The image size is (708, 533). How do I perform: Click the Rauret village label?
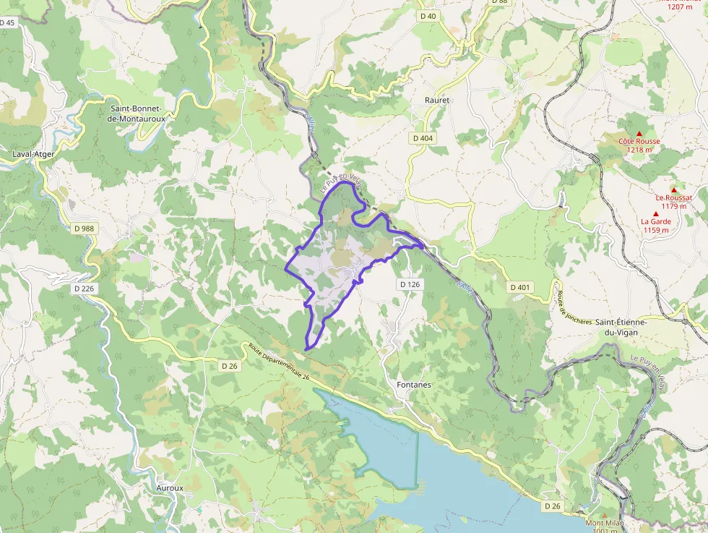coord(437,100)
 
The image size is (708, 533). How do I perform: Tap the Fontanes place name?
coord(414,385)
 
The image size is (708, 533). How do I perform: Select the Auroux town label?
coord(170,488)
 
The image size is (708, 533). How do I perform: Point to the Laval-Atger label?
coord(33,154)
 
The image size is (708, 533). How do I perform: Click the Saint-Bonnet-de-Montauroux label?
coord(136,111)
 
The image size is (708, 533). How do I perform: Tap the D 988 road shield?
coord(84,229)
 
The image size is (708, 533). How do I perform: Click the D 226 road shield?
coord(84,289)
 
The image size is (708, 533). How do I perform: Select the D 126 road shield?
coord(409,284)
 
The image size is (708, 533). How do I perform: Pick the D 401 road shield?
coord(519,287)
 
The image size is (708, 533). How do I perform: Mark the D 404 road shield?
coord(423,137)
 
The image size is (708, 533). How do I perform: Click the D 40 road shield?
coord(428,16)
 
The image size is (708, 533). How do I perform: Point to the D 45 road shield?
coord(7,22)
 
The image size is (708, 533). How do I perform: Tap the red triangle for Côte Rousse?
coord(639,133)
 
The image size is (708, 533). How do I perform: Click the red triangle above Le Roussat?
coord(673,189)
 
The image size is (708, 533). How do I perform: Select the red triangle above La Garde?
coord(655,214)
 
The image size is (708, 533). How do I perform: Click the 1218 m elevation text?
coord(639,150)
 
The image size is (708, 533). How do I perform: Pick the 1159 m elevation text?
coord(655,230)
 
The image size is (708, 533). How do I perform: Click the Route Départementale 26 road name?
coord(278,362)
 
